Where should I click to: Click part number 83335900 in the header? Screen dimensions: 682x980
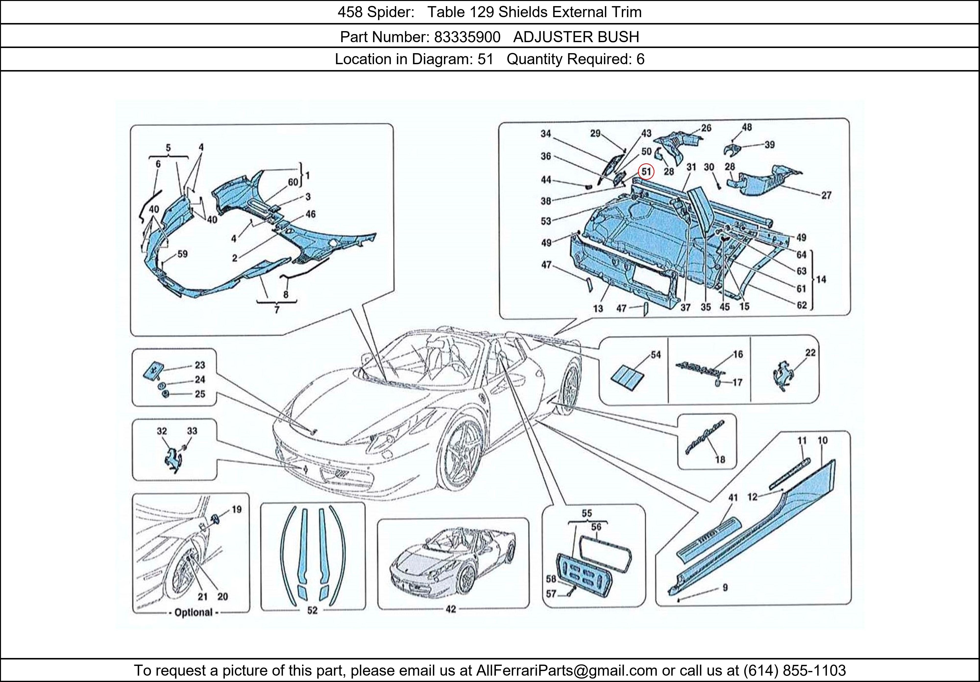point(467,37)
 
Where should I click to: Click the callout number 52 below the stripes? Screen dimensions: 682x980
point(312,610)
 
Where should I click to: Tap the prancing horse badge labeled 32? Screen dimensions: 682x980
point(173,459)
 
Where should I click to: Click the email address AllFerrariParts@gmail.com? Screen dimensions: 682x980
point(566,670)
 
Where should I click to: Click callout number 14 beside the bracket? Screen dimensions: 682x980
point(821,280)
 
